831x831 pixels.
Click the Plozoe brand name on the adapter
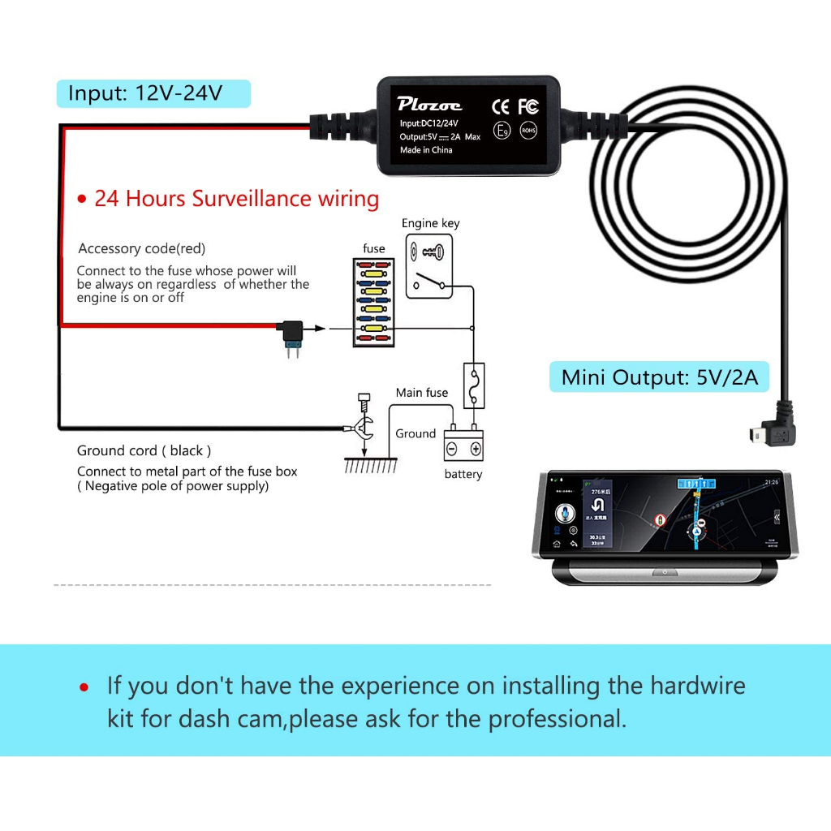tap(429, 104)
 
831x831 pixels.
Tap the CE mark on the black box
tap(501, 105)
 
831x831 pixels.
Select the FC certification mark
tap(528, 105)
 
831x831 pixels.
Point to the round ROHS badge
tap(528, 130)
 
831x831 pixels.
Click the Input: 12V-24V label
tap(145, 93)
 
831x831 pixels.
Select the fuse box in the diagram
tap(374, 302)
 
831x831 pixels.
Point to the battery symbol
tap(463, 447)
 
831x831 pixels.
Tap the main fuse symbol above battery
tap(473, 385)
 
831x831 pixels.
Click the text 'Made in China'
tap(426, 150)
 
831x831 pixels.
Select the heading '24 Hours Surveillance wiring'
tap(236, 199)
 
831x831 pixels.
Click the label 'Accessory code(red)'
tap(142, 248)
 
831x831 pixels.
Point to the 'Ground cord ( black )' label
tap(144, 450)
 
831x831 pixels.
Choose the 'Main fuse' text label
tap(421, 393)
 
